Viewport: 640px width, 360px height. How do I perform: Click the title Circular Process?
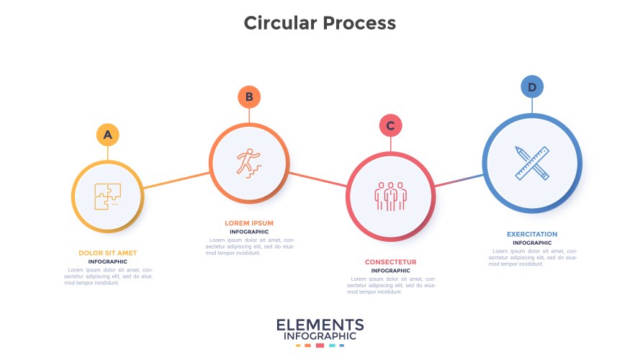coord(320,23)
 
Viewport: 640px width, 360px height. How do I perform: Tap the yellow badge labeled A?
coord(107,135)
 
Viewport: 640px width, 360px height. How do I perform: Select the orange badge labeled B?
coord(249,96)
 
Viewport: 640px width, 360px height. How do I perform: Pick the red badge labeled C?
coord(390,126)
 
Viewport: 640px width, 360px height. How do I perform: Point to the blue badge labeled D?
coord(532,88)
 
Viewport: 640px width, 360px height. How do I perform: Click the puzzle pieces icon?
coord(107,196)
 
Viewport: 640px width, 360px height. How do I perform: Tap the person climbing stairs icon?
coord(249,162)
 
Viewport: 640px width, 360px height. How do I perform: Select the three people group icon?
coord(390,195)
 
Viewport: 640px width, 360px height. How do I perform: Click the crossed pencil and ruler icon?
coord(532,162)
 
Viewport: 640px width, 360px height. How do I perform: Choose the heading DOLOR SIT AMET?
coord(107,253)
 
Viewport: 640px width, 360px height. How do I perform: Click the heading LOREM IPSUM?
coord(249,223)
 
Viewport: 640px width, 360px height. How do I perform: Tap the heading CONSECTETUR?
coord(390,262)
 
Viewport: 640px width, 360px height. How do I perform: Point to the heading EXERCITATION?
coord(532,234)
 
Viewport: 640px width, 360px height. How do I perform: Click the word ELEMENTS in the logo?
coord(320,325)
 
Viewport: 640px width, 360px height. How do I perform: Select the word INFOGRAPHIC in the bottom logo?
coord(320,336)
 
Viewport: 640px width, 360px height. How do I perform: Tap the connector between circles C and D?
coord(459,180)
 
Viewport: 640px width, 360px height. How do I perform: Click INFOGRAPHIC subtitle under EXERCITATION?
coord(532,243)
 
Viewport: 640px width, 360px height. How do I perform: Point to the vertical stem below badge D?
coord(532,105)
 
